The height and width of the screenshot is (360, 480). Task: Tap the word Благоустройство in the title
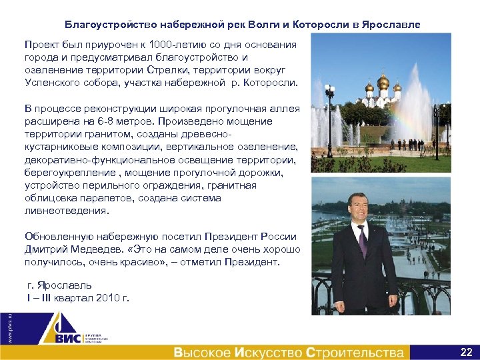[110, 25]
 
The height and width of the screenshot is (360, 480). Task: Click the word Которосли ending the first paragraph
[273, 83]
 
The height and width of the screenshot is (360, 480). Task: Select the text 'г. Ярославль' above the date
[54, 285]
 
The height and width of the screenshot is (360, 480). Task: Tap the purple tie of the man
[362, 239]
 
